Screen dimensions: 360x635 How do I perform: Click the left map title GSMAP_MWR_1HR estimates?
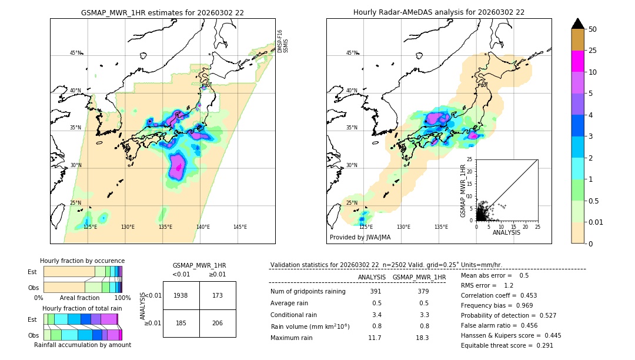(x=162, y=12)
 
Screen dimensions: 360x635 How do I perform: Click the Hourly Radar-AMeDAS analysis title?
(x=439, y=12)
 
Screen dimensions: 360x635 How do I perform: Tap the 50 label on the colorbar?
(x=593, y=29)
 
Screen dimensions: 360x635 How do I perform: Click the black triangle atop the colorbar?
(x=578, y=24)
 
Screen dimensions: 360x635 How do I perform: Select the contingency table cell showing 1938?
(x=181, y=295)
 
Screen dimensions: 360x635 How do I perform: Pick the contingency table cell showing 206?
(x=218, y=323)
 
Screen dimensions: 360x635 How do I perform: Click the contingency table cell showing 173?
(x=218, y=295)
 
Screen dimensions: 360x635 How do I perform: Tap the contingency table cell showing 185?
(x=181, y=323)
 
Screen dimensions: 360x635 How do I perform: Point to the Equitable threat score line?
(x=507, y=345)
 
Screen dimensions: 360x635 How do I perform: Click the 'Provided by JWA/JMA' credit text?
(x=360, y=238)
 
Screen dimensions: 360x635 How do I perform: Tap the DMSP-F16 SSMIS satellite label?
(x=282, y=41)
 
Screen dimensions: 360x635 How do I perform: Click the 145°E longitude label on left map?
(x=240, y=227)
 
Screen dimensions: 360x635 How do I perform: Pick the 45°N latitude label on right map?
(x=352, y=53)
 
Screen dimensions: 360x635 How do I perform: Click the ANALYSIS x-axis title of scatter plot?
(x=506, y=232)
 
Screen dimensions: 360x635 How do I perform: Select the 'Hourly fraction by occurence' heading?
(x=82, y=261)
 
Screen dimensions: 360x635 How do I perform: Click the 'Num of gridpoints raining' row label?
(x=308, y=292)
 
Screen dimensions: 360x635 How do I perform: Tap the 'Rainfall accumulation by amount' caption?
(x=82, y=345)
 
